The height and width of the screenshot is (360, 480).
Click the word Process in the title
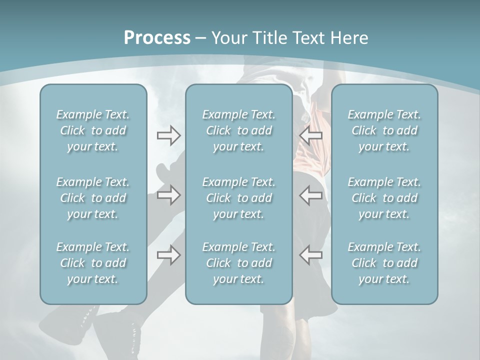(157, 38)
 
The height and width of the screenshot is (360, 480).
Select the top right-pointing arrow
(168, 135)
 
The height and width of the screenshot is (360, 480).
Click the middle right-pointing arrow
(168, 195)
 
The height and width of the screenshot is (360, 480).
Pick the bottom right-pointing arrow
(168, 255)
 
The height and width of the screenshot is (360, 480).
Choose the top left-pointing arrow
(310, 135)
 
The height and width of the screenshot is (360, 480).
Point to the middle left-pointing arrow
(310, 195)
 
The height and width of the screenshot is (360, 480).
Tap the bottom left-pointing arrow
(310, 255)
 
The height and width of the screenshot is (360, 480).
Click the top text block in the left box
(93, 130)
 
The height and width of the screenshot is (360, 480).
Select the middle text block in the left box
(93, 198)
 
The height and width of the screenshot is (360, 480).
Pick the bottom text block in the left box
(93, 263)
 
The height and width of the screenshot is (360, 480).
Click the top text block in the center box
(238, 130)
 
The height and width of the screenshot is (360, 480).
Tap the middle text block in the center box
(238, 198)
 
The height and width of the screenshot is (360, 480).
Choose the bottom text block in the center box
(238, 263)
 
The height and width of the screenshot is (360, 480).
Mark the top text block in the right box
(384, 130)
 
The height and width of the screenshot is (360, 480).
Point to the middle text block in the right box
(384, 198)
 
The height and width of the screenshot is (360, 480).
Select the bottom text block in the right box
(384, 263)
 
